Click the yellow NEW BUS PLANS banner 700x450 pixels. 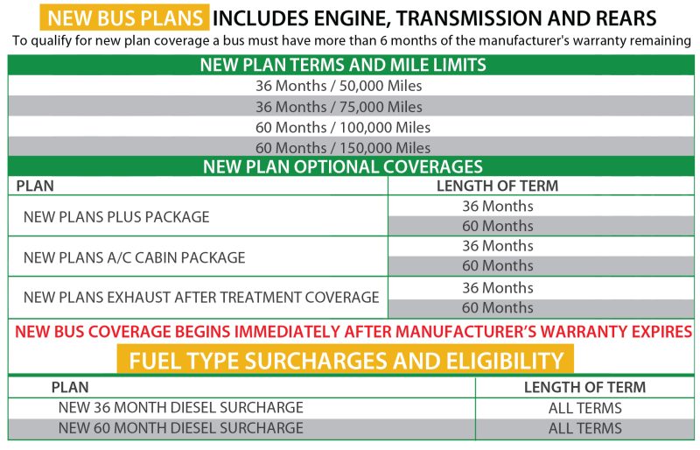click(124, 18)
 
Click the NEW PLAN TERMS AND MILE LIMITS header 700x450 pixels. click(343, 66)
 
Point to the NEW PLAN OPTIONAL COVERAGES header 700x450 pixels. click(343, 166)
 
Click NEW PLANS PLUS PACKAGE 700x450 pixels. click(116, 217)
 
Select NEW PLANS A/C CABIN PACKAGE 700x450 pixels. click(135, 257)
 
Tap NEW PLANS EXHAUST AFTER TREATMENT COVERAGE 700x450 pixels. click(201, 297)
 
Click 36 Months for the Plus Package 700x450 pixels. click(498, 206)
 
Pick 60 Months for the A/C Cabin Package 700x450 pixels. click(498, 266)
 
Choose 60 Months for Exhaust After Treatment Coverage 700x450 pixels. click(498, 308)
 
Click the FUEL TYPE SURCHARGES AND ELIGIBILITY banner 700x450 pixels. click(346, 360)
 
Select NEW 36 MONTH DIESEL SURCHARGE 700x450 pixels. click(181, 408)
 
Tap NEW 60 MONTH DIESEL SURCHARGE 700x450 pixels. click(181, 428)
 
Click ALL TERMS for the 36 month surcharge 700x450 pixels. click(584, 408)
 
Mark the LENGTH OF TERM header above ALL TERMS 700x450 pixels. click(584, 387)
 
